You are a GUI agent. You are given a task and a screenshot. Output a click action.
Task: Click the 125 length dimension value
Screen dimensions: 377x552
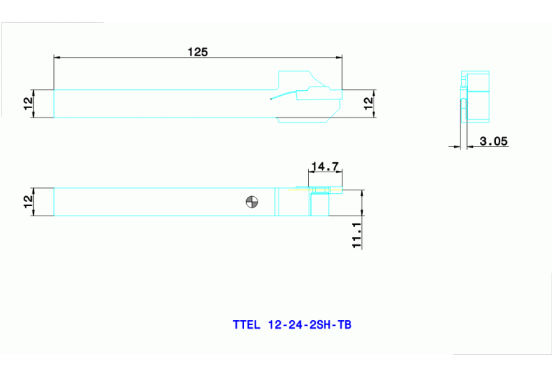point(198,51)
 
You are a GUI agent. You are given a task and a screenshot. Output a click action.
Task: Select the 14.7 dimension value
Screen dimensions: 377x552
point(325,167)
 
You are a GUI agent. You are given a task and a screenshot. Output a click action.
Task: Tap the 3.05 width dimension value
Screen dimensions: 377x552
point(494,141)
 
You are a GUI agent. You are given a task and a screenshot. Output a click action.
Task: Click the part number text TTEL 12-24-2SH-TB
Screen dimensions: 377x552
point(292,325)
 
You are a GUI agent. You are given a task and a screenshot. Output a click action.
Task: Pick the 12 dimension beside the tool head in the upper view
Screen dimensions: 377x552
point(368,103)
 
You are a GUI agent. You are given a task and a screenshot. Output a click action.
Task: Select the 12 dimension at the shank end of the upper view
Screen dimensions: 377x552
point(28,103)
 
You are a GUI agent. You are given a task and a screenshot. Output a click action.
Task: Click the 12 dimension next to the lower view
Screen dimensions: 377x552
point(28,202)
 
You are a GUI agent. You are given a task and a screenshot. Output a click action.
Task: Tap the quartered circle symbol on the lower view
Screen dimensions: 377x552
point(251,203)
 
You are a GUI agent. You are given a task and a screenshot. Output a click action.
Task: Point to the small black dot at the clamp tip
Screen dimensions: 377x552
point(271,99)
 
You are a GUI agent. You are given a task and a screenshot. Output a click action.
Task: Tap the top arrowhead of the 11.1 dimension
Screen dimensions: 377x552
point(362,192)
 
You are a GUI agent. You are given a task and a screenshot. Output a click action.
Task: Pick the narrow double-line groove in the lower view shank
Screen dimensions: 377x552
point(276,203)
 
